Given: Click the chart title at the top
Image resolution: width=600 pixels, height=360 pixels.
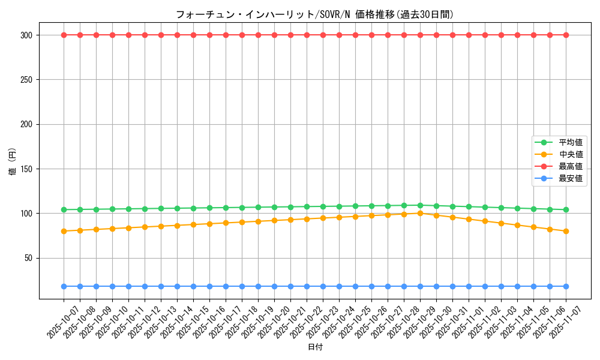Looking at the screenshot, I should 314,14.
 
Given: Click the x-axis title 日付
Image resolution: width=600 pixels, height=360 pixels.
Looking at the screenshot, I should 315,347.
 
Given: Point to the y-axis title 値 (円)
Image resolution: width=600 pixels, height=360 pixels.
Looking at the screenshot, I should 13,162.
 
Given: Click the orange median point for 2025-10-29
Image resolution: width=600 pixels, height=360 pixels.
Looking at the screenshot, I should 420,213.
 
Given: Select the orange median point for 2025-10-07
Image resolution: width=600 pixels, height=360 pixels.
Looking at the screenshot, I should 64,231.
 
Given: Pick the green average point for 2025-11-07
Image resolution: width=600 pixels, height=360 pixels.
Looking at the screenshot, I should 566,209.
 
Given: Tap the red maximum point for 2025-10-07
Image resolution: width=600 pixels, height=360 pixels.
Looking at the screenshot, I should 64,35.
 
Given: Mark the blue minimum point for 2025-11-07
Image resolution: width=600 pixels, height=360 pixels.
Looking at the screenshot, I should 566,286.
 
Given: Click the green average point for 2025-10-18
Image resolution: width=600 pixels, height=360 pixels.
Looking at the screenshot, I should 242,208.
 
